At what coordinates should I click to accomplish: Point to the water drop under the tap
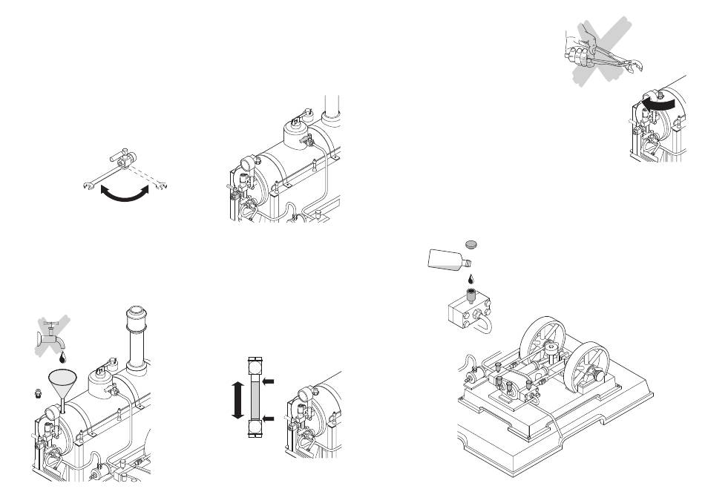pos(62,358)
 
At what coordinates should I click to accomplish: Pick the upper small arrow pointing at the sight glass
pos(269,381)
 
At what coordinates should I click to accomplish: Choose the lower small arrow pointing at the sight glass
pos(269,421)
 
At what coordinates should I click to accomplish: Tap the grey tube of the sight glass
pos(255,401)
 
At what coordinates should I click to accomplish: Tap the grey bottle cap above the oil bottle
pos(470,243)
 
